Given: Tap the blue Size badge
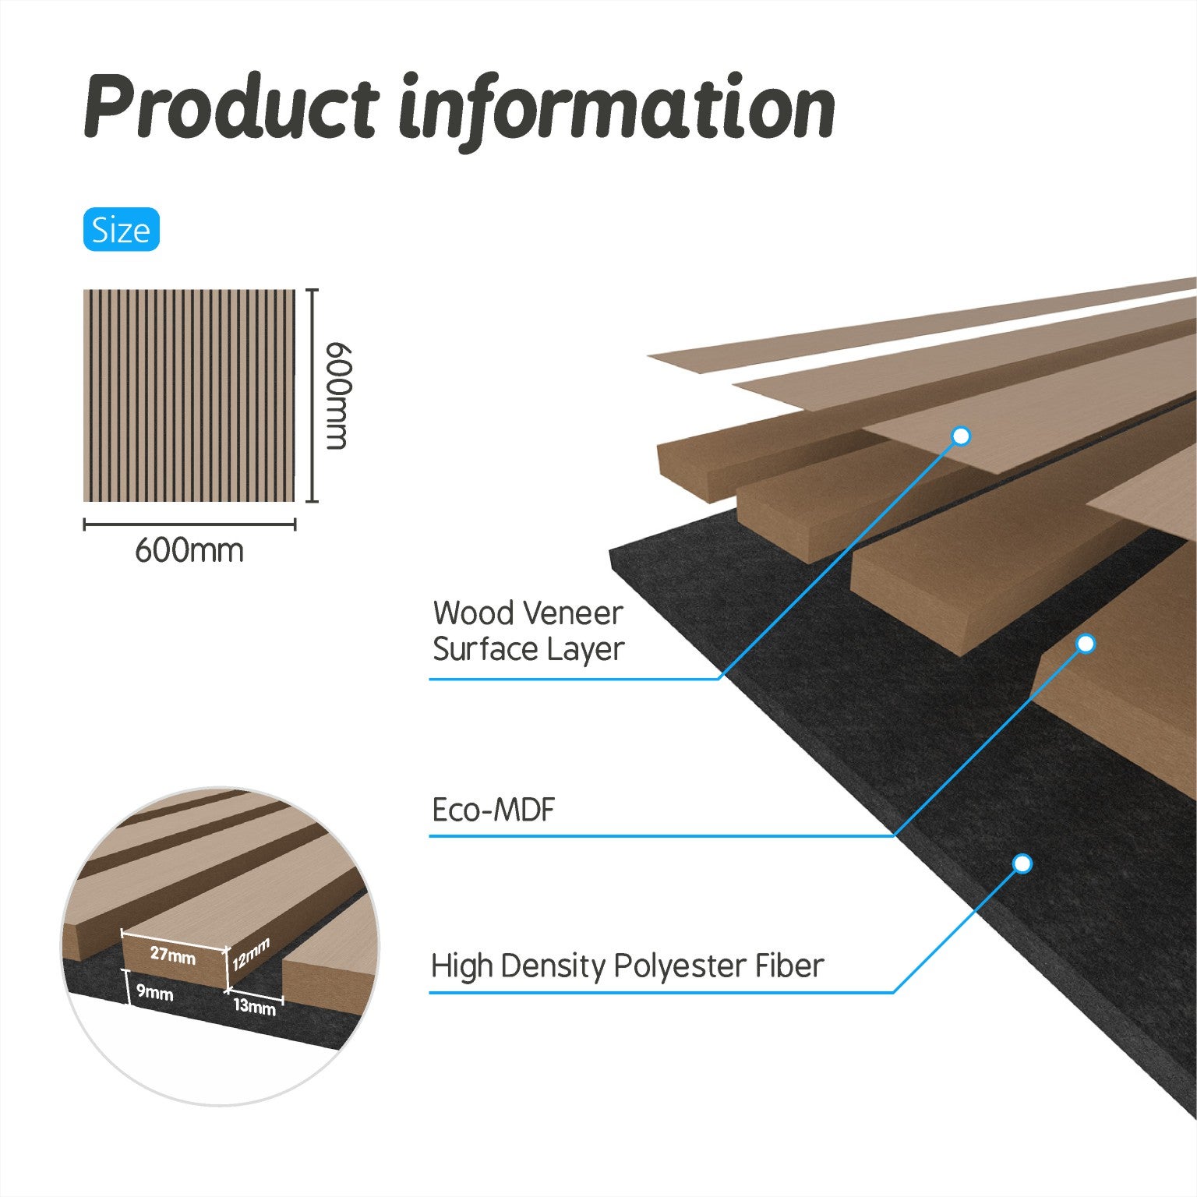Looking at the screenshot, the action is tap(121, 230).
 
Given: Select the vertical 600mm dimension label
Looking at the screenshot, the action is tap(335, 395).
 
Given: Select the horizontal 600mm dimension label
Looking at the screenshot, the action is tap(189, 550).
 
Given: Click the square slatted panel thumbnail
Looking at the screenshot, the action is tap(189, 396).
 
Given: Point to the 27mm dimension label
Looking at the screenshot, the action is tap(173, 954).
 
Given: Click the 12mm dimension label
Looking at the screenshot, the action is tap(251, 954).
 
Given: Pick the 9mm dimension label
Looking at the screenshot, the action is tap(154, 993).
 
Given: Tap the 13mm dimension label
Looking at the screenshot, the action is tap(255, 1006).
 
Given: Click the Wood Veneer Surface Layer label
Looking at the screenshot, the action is tap(528, 631).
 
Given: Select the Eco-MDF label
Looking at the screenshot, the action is tap(493, 810).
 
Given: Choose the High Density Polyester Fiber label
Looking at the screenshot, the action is tap(627, 966).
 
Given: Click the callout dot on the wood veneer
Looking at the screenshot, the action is tap(962, 436).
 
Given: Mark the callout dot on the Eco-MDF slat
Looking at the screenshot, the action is tap(1086, 644).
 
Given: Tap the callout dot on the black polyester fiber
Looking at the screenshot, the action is tap(1023, 863).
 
